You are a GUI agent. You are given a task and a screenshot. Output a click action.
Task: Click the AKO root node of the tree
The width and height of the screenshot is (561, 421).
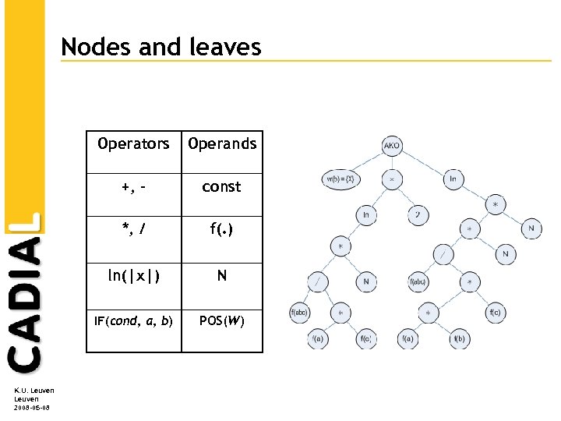[392, 146]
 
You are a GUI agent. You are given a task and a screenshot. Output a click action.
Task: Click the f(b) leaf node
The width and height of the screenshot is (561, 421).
[459, 338]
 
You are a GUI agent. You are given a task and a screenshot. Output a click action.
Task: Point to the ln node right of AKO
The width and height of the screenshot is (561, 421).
[453, 179]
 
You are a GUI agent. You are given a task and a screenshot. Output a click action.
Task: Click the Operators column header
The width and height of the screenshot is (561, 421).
[133, 144]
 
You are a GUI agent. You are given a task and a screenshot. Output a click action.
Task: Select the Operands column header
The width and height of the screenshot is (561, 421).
[222, 144]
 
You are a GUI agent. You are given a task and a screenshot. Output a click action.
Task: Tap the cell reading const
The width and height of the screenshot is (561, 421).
[222, 187]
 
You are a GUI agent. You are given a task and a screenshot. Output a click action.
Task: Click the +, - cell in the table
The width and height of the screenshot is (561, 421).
[133, 187]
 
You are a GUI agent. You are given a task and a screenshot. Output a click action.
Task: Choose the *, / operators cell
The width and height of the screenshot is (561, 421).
[133, 230]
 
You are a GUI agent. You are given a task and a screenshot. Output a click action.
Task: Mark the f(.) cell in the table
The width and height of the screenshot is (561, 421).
[222, 230]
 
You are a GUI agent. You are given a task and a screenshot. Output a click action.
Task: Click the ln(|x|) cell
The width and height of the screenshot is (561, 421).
[133, 275]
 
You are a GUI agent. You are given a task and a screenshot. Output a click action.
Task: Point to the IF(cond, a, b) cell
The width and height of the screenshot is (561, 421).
[133, 320]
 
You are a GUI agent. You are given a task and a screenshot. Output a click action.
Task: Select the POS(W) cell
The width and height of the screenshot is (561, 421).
[222, 320]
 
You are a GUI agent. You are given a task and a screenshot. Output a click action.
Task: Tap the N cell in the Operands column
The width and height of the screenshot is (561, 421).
[222, 275]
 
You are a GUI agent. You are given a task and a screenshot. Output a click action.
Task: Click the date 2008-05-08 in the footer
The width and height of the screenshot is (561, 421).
[31, 407]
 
